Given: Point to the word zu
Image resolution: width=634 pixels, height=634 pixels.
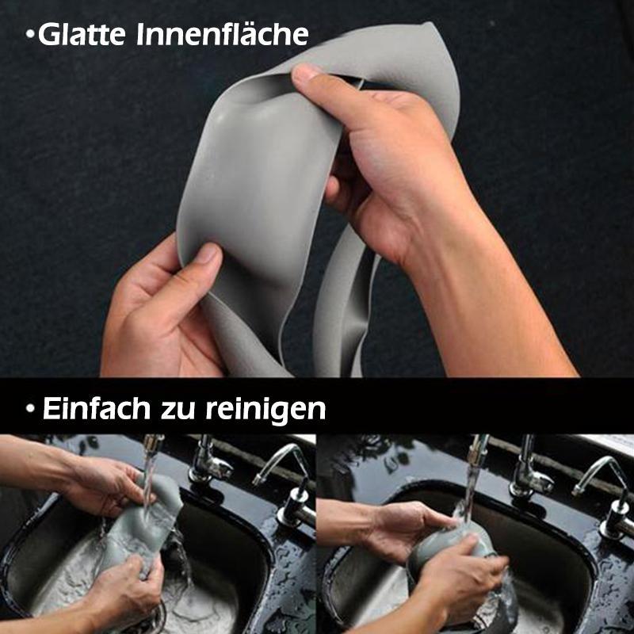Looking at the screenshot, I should pos(183,410).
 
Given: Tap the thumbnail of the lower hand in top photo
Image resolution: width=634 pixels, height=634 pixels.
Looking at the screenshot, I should pos(208,254).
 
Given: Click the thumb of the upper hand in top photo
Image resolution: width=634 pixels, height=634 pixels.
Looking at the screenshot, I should pos(313,77).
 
